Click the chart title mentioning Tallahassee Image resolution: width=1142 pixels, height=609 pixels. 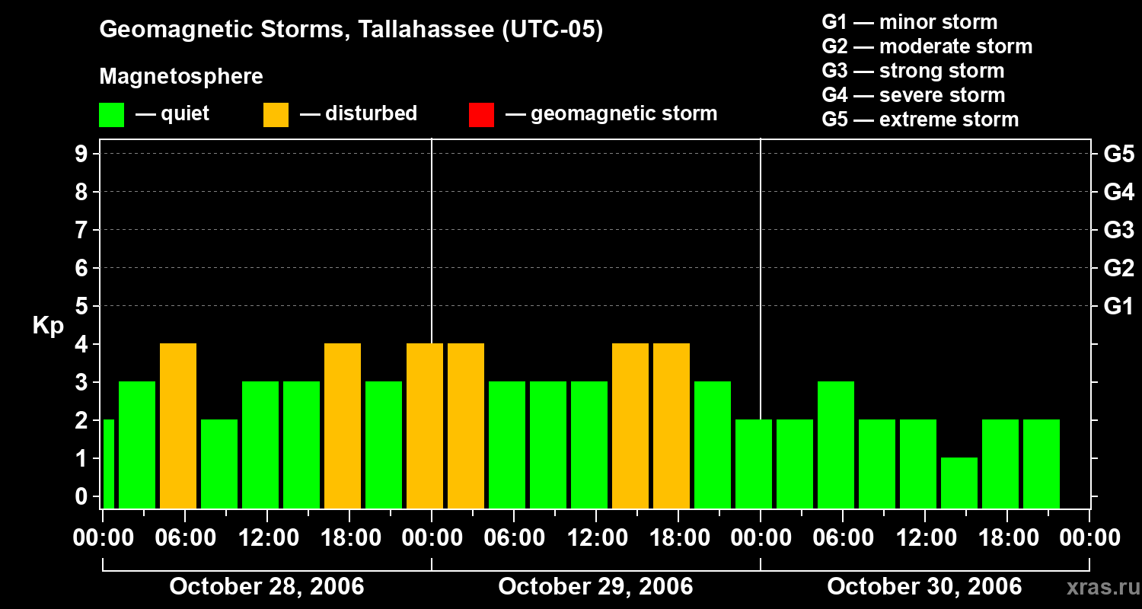(x=351, y=30)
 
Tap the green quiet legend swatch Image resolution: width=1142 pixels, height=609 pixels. (x=111, y=115)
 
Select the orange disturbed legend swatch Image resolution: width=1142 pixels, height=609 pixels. (x=276, y=115)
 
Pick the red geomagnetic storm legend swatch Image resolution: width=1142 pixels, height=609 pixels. (x=481, y=115)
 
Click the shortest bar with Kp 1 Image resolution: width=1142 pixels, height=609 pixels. (x=959, y=483)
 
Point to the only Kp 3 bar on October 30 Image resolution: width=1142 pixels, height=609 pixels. (x=836, y=445)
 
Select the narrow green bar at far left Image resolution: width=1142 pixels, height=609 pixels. (x=108, y=464)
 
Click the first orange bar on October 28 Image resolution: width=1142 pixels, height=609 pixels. (x=178, y=426)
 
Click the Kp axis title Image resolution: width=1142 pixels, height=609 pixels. (x=48, y=326)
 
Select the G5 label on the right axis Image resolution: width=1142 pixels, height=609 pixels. (x=1118, y=154)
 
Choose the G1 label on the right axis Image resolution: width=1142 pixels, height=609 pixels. (x=1118, y=307)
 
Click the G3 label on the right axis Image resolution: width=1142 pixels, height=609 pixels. (x=1118, y=230)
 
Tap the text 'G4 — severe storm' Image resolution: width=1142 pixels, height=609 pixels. (x=913, y=95)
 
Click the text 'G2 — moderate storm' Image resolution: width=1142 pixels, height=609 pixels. (x=927, y=46)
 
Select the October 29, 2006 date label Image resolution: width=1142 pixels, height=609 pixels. (x=595, y=586)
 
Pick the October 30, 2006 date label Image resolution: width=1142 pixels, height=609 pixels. (x=924, y=586)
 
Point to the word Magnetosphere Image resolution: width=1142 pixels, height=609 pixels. (x=181, y=77)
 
